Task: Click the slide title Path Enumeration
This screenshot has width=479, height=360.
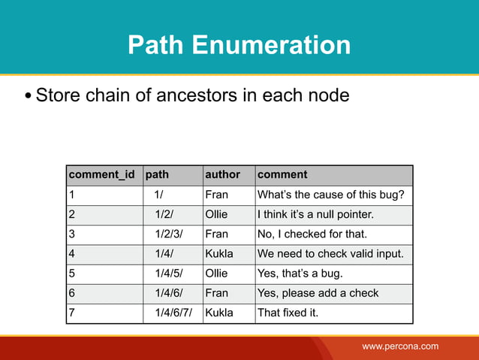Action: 239,45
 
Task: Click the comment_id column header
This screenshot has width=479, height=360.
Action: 101,174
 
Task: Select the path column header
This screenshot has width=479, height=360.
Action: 157,174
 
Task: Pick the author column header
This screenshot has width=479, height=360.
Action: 222,174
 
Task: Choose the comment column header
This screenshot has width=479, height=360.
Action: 282,174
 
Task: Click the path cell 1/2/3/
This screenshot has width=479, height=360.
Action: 169,234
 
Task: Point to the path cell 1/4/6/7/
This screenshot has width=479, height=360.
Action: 173,313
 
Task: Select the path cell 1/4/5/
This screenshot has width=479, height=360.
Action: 169,274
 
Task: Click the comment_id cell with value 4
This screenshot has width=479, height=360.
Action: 72,254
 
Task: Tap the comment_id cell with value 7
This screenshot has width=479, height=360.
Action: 72,313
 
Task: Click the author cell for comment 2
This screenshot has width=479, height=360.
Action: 216,215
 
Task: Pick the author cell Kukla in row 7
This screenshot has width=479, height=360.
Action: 219,313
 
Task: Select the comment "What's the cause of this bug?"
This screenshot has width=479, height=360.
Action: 331,195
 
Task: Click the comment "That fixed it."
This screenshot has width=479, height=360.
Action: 288,313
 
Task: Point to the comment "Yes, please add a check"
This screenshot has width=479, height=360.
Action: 318,293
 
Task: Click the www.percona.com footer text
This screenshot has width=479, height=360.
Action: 400,346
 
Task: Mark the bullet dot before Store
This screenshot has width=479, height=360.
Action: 28,97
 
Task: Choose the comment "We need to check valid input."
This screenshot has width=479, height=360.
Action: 330,254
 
